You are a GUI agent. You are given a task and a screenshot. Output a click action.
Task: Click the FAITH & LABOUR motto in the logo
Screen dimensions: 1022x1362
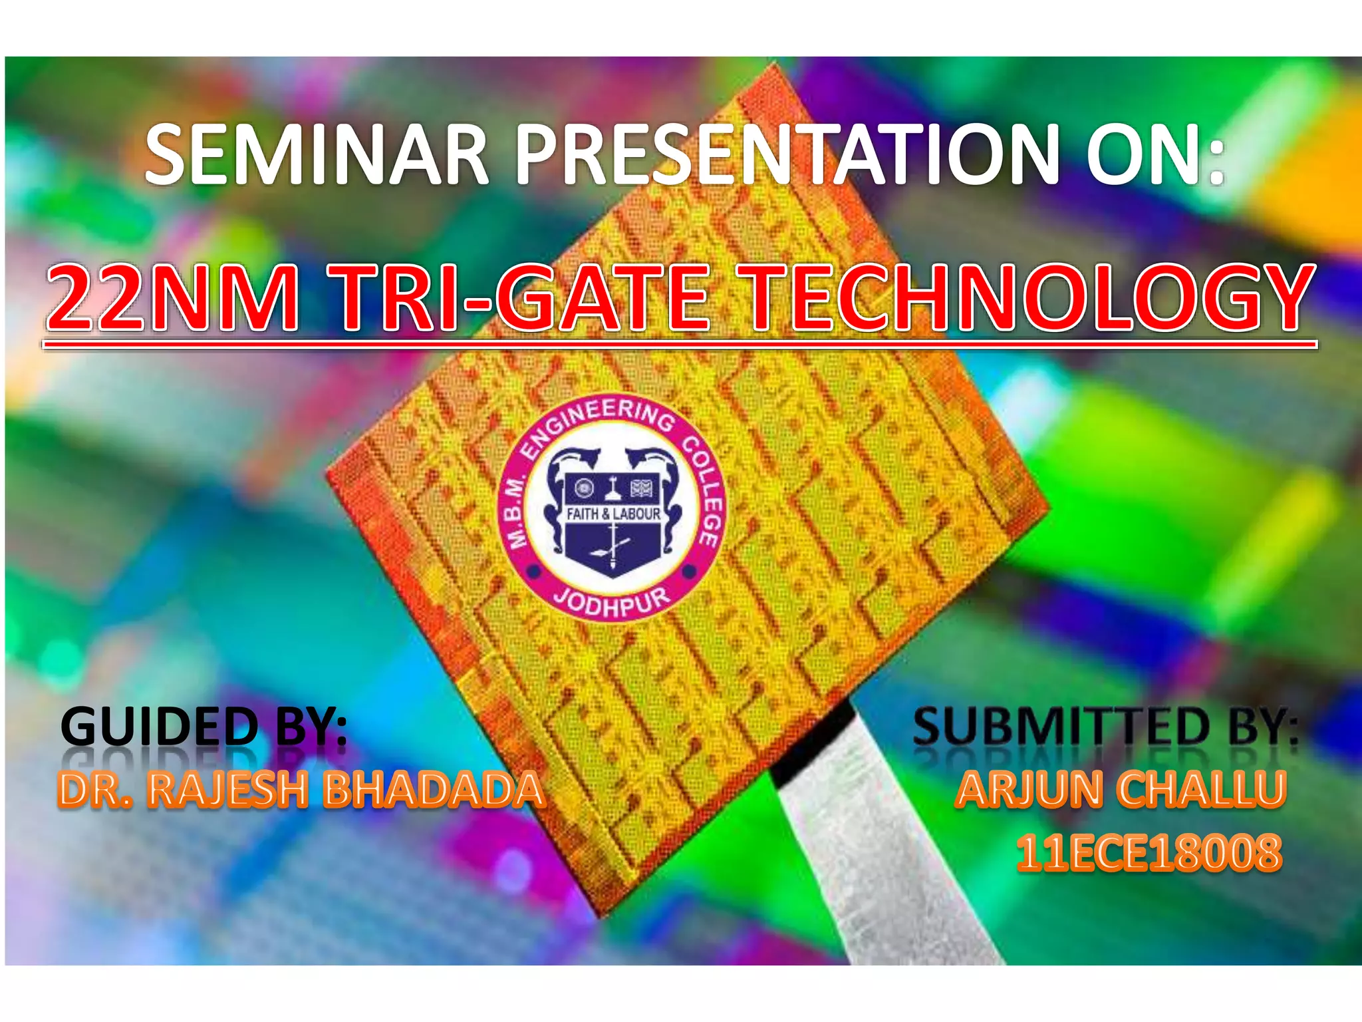pos(613,514)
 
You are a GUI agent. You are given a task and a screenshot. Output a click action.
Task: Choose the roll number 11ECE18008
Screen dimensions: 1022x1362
pos(1149,852)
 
